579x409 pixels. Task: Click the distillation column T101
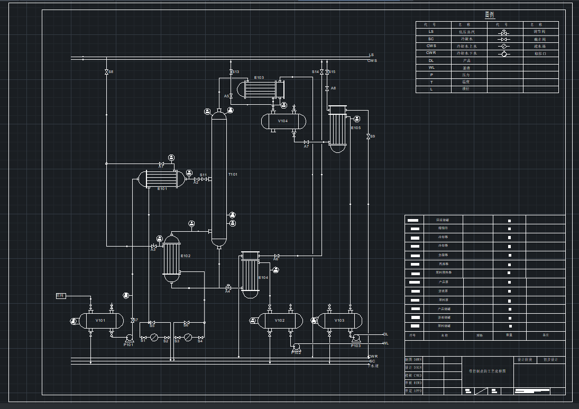(x=219, y=180)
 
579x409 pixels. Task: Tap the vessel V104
(x=283, y=121)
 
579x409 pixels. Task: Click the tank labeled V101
(x=101, y=321)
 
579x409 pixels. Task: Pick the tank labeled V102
(x=280, y=321)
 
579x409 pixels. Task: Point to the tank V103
(x=339, y=321)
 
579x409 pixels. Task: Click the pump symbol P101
(x=128, y=338)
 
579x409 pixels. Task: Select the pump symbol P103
(x=356, y=338)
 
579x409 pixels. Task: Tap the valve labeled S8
(x=106, y=71)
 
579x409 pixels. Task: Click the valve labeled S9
(x=368, y=137)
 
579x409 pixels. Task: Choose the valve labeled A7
(x=306, y=142)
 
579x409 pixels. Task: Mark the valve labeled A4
(x=228, y=287)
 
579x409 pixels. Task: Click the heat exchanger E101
(x=161, y=179)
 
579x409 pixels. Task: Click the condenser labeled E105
(x=337, y=129)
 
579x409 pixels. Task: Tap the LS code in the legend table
(x=431, y=32)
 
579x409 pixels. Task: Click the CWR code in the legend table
(x=431, y=53)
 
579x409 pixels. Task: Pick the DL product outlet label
(x=385, y=334)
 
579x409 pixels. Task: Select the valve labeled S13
(x=231, y=72)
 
